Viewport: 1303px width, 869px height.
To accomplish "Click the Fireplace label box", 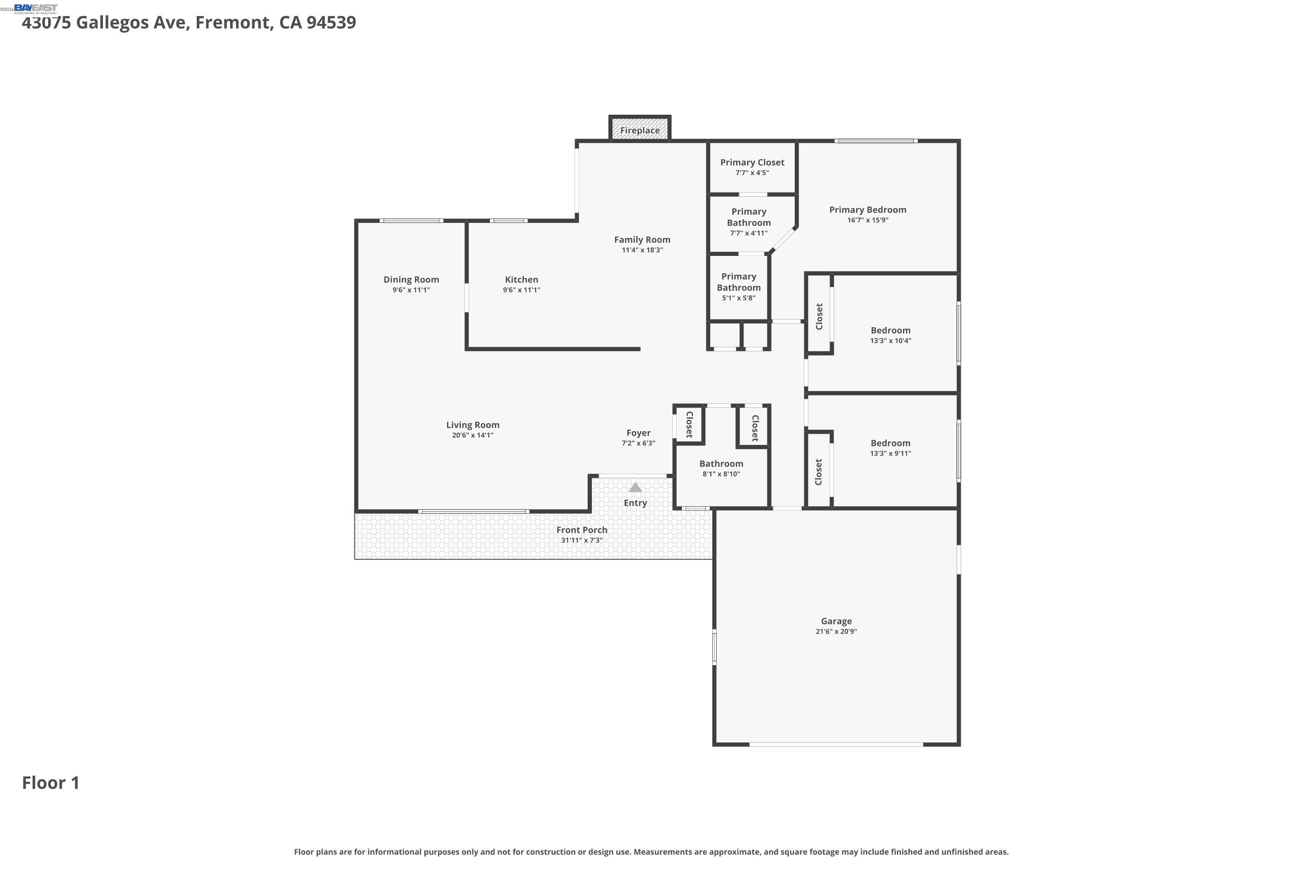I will pos(640,130).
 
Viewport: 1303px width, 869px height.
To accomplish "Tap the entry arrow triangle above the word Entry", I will pos(635,488).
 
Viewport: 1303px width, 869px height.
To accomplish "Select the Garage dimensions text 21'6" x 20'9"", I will pos(836,631).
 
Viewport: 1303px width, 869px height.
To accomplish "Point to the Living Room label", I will pos(473,425).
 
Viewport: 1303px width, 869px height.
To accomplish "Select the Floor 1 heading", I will pos(50,783).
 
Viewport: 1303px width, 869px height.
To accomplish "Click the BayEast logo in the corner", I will pos(36,8).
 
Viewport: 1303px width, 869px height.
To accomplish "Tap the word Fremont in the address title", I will pos(233,23).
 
